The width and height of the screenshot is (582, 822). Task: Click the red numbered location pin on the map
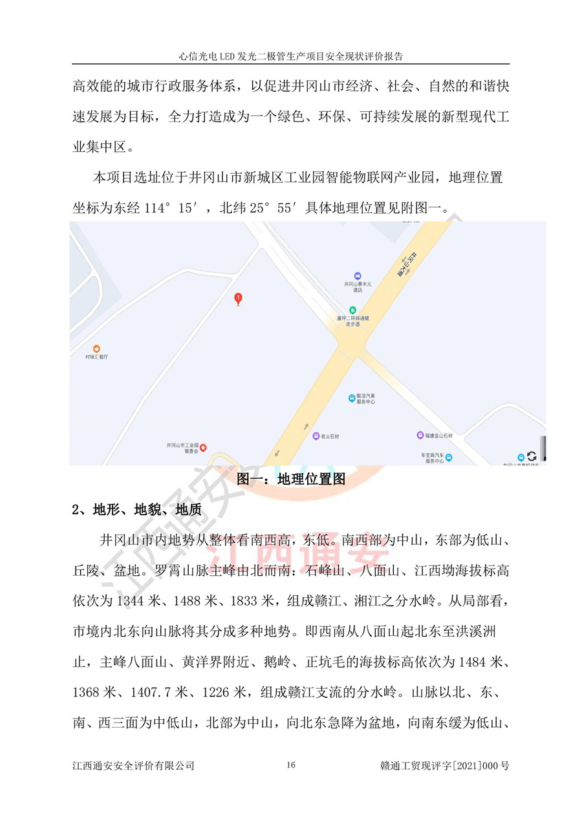(x=239, y=299)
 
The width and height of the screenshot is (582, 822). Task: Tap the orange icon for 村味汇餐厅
(x=96, y=349)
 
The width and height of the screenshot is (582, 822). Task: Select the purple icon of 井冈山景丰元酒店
(x=353, y=276)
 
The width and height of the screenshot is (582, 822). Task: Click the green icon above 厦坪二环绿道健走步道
(x=352, y=310)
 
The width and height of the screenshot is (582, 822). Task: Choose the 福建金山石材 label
(x=440, y=436)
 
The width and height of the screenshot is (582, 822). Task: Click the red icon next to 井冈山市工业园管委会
(x=203, y=447)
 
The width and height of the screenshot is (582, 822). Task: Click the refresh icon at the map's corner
(x=532, y=456)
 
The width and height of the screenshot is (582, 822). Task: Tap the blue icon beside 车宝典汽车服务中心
(x=449, y=458)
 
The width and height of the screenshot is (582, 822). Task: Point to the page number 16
(x=290, y=766)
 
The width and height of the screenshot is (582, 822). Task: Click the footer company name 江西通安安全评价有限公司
(x=134, y=766)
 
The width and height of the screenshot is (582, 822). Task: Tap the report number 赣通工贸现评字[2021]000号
(x=446, y=766)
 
